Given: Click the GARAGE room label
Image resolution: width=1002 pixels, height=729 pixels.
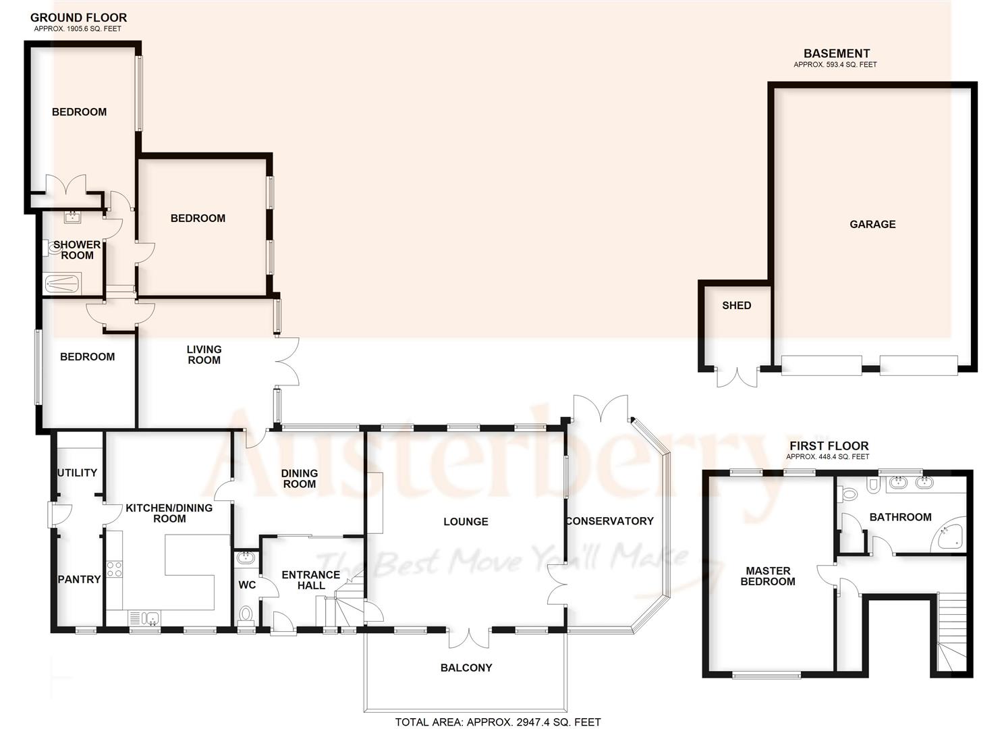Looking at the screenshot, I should (x=872, y=224).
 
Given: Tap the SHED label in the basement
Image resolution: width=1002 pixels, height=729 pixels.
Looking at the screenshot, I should (x=736, y=305).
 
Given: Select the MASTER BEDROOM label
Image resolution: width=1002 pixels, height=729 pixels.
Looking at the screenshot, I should (x=768, y=576).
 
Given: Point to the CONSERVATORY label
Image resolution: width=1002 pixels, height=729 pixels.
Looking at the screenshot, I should (x=609, y=520).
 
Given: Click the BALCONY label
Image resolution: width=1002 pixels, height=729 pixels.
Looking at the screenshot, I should (x=466, y=668).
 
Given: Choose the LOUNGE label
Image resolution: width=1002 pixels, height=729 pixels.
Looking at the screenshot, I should (x=466, y=521).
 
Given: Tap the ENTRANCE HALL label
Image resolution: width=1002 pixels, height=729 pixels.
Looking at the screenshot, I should (x=310, y=580).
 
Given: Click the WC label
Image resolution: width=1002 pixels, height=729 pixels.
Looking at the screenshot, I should (x=247, y=585).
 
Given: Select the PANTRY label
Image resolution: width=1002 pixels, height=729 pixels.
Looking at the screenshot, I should (x=79, y=579).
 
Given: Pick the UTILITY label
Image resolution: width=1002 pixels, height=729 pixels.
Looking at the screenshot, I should (x=78, y=473).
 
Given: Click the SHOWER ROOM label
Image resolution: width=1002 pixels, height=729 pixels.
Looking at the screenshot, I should (x=77, y=250).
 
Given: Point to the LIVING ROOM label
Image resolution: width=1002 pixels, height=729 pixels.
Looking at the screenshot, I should (x=204, y=354).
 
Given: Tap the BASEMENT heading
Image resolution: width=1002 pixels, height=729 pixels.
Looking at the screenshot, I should (x=836, y=53).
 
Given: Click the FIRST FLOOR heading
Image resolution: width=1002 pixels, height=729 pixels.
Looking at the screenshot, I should (x=829, y=446).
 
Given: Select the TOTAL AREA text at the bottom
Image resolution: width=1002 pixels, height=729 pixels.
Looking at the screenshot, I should (x=497, y=722).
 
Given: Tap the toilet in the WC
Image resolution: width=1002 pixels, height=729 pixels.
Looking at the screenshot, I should (x=246, y=614).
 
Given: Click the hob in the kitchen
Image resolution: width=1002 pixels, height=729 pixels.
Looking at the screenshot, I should (x=114, y=569).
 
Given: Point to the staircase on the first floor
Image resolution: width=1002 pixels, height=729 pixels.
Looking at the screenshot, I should (x=951, y=634).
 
